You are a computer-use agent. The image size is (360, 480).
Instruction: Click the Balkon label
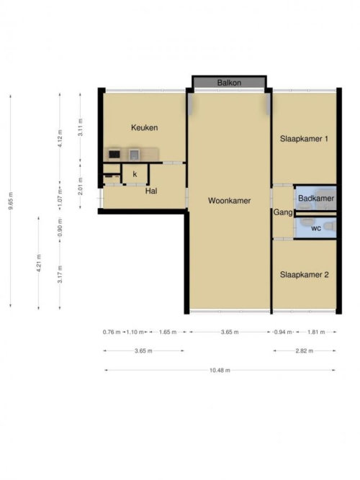(229, 83)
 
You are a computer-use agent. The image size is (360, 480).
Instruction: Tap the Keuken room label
(144, 127)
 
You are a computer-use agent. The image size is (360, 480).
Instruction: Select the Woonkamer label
(229, 201)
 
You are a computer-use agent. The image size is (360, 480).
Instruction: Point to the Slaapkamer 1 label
(304, 139)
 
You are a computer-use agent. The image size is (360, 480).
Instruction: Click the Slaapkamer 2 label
(305, 275)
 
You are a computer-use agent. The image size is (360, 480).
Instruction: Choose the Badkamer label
(316, 198)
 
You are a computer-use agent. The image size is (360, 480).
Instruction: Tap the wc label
(316, 228)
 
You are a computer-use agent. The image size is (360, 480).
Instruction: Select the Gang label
(283, 212)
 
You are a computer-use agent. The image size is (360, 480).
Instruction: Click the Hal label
(151, 191)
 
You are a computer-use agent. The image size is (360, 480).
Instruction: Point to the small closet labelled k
(135, 174)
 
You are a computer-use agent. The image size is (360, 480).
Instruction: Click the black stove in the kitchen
(114, 154)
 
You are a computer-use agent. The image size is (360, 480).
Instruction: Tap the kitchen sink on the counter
(134, 154)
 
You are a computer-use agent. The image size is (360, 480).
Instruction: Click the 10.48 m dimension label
(220, 370)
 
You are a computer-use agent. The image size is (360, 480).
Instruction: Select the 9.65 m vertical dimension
(10, 201)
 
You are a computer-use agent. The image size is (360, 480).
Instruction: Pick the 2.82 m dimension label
(305, 350)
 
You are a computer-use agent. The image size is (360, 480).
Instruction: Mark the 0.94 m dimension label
(283, 332)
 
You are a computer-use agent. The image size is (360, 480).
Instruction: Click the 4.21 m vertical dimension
(39, 263)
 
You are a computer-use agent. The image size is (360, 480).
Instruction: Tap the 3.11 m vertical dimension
(80, 127)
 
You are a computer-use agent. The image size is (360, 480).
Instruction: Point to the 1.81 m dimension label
(316, 332)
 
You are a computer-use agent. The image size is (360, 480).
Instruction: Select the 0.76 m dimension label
(112, 332)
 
